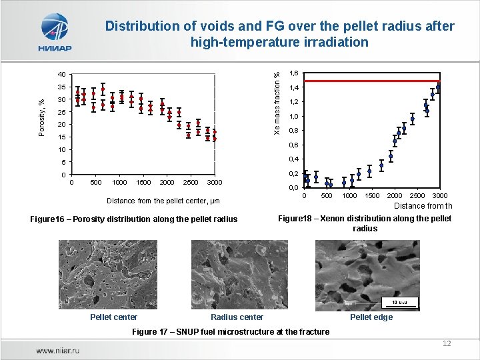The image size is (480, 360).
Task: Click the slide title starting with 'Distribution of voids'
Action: coord(279,34)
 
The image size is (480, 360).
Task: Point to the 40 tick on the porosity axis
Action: coord(61,75)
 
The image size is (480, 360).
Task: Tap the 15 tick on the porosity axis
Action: coord(61,137)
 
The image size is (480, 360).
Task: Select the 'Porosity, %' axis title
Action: coord(41,117)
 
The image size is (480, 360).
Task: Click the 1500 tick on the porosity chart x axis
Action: coord(143,183)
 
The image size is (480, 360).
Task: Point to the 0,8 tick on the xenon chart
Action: coord(294,131)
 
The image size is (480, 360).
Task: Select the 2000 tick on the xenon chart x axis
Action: coord(395,195)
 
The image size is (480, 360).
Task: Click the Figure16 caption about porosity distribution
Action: coord(134,219)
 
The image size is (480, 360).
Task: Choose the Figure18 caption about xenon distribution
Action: coord(365,223)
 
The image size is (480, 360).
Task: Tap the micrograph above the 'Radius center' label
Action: coord(240,273)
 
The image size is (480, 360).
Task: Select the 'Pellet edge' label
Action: coord(371,317)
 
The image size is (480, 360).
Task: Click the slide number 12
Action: coord(447,343)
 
